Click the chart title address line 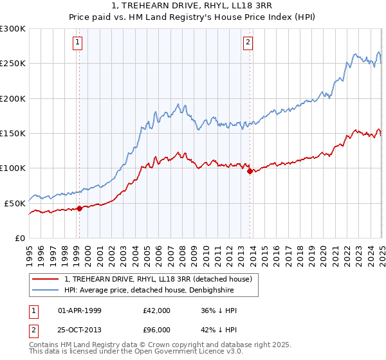pos(193,6)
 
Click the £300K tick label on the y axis pos(13,29)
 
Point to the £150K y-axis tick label pos(13,133)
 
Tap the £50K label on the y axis pos(15,203)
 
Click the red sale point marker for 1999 pos(79,208)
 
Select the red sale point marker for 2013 pos(250,170)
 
